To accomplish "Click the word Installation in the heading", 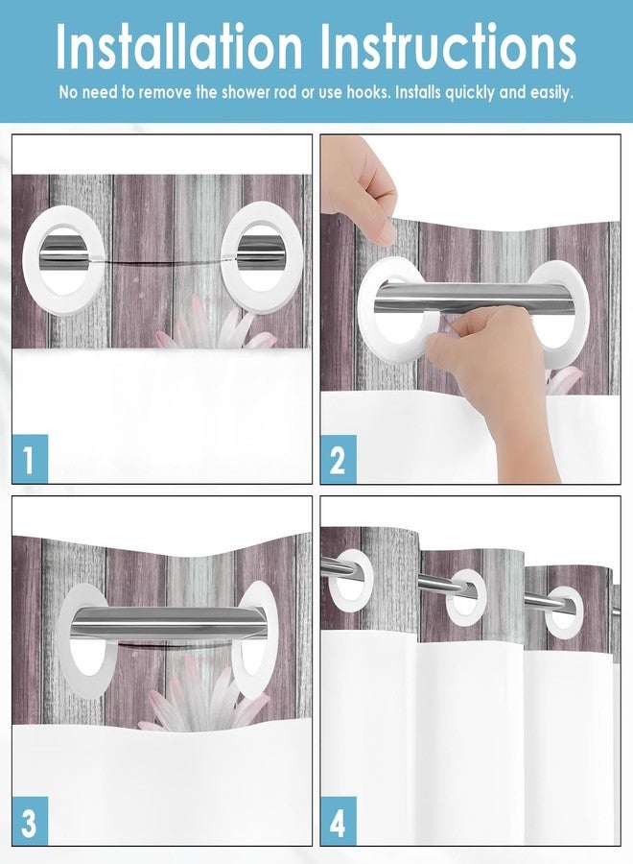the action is coord(180,46).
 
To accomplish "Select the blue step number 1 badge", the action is coord(30,459).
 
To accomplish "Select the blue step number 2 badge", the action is coord(338,459).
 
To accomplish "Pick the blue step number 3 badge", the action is coord(30,821).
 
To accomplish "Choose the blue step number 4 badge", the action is coord(338,821).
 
